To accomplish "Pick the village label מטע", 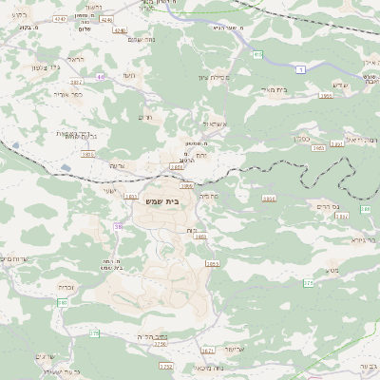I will (335, 272).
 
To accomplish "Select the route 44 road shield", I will (100, 74).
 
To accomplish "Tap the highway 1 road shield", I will (300, 67).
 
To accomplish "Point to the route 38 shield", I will (118, 227).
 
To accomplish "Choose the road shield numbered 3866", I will (324, 95).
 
